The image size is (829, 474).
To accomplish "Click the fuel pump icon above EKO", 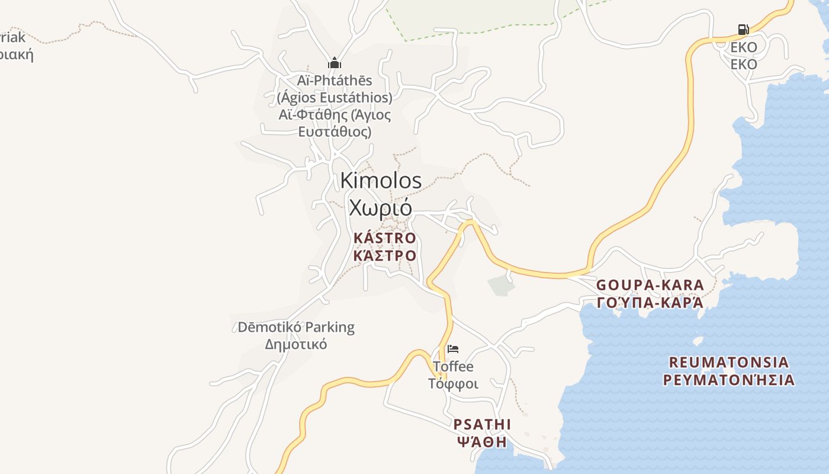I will (x=743, y=29).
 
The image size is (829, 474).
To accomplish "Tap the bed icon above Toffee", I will (x=453, y=349).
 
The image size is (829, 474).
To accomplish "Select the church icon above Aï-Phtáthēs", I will (x=335, y=63).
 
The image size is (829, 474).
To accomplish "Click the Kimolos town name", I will (x=381, y=181).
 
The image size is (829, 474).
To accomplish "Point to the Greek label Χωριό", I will (x=380, y=208).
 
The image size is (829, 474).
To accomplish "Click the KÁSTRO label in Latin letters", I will (x=385, y=238).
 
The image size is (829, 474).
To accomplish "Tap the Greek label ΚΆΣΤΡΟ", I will (x=385, y=256).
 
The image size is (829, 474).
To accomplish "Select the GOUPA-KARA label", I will (x=650, y=285).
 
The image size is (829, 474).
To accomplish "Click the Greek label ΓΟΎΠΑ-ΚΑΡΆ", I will (x=650, y=303).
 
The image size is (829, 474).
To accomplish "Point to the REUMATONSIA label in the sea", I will (x=729, y=362).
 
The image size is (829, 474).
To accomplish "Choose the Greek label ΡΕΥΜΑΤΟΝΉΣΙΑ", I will (x=729, y=380).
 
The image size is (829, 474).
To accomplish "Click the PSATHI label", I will (x=482, y=425).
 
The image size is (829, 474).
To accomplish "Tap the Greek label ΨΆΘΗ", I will (x=482, y=442).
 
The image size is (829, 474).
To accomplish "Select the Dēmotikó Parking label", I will (x=296, y=327).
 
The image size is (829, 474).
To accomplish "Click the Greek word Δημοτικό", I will (x=296, y=344).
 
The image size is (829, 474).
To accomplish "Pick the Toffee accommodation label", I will (x=453, y=366).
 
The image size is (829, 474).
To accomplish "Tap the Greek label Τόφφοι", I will (x=453, y=383).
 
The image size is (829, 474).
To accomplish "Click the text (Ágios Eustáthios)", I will (x=335, y=97).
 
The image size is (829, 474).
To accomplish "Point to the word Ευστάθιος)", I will (x=335, y=132).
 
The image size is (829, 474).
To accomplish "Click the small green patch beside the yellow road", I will (x=501, y=284).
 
